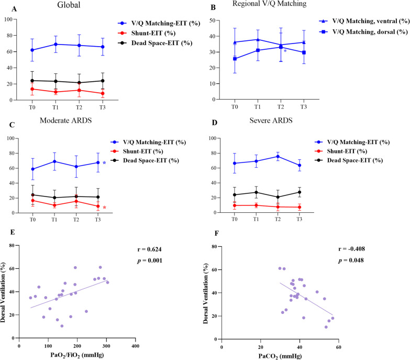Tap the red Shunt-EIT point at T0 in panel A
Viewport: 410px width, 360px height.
pos(32,89)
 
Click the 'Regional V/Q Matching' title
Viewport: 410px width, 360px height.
pos(280,7)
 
